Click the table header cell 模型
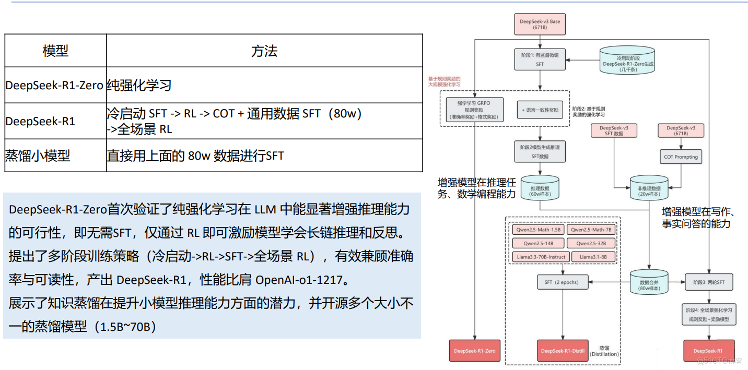point(55,51)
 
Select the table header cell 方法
point(264,51)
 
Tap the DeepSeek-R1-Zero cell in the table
point(54,85)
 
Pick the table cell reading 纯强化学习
point(139,85)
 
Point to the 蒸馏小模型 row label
point(37,155)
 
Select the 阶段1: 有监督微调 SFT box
point(540,59)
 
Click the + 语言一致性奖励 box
point(540,111)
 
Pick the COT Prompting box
point(681,157)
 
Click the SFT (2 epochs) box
point(562,282)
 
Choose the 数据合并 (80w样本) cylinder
point(649,283)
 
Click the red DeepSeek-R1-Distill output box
point(562,351)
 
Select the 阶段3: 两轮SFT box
point(709,282)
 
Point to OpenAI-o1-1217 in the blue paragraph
point(299,280)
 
